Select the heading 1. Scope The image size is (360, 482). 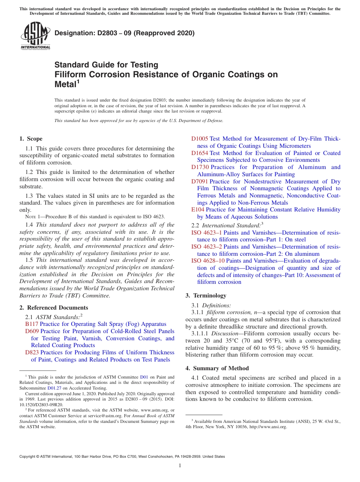[31, 139]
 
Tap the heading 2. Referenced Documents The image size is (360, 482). [53, 308]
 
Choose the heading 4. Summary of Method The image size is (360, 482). [217, 368]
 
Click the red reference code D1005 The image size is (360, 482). [199, 139]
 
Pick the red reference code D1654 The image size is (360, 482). [199, 153]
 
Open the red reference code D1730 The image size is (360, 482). [199, 167]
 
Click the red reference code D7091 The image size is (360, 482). [199, 182]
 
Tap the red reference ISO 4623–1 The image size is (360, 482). [207, 233]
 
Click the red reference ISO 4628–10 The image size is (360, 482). [208, 261]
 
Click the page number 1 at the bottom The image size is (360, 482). [180, 465]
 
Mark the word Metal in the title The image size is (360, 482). [65, 84]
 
